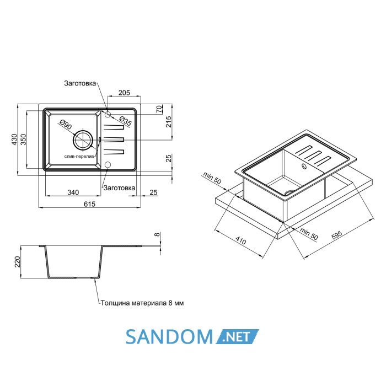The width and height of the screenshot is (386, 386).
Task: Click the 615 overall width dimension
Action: coord(89,204)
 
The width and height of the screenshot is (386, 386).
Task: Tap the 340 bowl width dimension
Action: coord(73,192)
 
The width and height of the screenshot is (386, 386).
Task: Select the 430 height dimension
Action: coord(14,140)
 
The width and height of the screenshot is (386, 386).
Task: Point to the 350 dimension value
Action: coord(23,140)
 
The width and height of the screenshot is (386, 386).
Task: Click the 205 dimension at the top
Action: coord(124,93)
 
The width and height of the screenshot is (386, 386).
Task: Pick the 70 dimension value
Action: coord(160,109)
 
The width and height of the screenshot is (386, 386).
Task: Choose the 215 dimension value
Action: coord(169,122)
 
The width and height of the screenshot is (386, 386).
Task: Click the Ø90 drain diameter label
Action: coord(66,125)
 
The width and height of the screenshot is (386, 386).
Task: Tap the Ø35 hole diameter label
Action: coord(126,121)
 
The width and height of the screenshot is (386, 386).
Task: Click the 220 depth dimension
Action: coord(17,262)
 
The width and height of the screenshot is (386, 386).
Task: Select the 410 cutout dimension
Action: coord(240,240)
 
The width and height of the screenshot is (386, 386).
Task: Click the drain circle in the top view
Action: coord(83,140)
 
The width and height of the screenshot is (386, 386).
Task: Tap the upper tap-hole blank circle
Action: coord(108,114)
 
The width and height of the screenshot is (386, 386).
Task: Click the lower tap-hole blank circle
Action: coord(108,165)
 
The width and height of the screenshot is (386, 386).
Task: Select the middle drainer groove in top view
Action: coord(114,140)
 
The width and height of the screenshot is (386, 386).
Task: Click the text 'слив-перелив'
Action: coord(79,156)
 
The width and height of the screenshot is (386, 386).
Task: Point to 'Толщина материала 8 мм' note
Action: coord(142,303)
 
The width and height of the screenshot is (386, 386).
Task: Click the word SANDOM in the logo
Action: coord(169,336)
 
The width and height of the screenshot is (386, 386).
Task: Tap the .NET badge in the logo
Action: coord(237,336)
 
